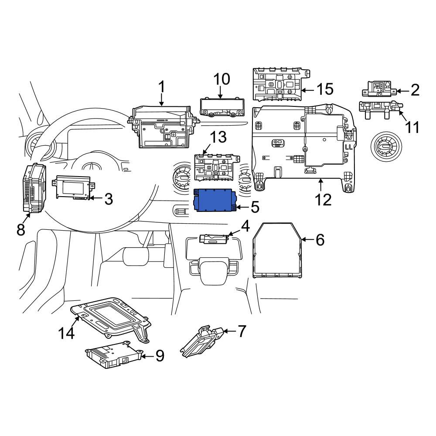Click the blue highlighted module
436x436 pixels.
[215, 200]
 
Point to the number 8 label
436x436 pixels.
[21, 230]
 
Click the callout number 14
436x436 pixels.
[66, 333]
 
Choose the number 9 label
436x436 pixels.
[160, 356]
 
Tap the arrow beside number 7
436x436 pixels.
[229, 331]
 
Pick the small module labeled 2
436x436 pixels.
[380, 89]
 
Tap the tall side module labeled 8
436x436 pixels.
[34, 188]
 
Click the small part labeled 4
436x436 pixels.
[215, 239]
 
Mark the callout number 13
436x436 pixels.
[218, 137]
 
